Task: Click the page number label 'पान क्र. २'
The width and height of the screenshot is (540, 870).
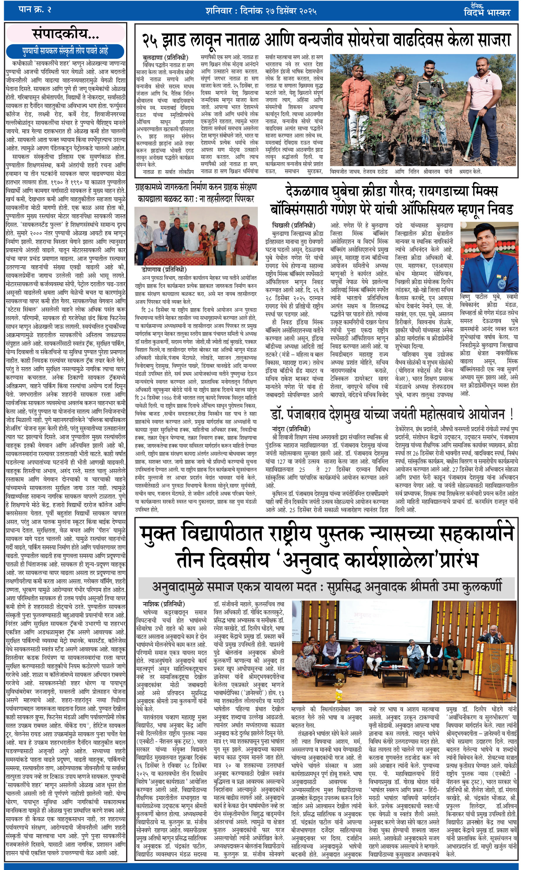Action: (35, 10)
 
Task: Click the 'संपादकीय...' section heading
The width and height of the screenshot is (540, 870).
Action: (66, 34)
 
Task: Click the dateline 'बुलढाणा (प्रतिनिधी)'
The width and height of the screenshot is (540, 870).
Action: (165, 57)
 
